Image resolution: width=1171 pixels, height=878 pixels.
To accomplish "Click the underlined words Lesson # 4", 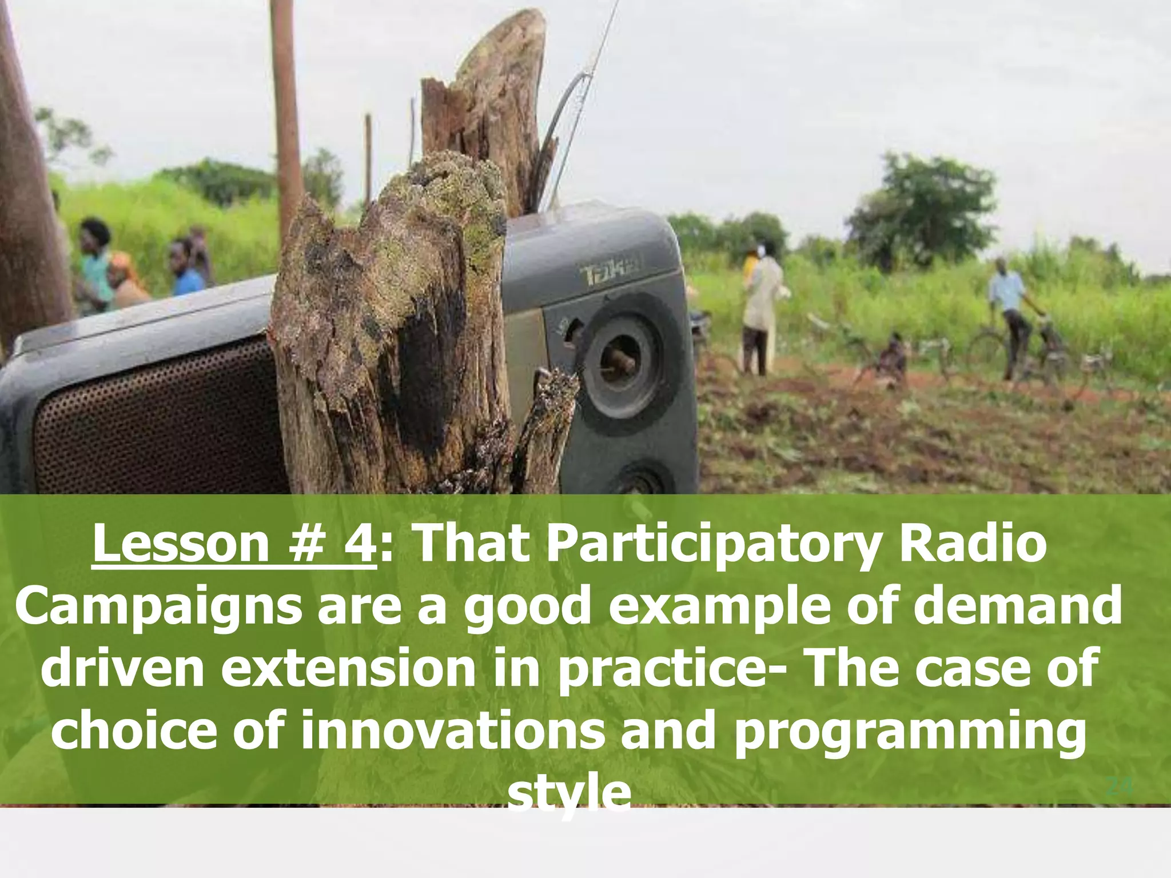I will pyautogui.click(x=233, y=544).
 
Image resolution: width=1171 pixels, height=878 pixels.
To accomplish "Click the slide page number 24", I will pyautogui.click(x=1120, y=787).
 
